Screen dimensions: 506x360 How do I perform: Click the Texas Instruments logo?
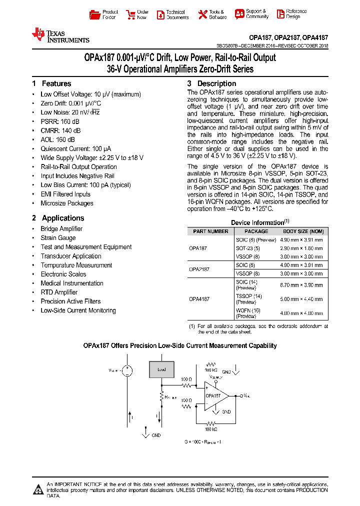[x=60, y=35]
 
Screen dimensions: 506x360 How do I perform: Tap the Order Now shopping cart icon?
[x=130, y=14]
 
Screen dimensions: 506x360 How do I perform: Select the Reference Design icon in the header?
[x=278, y=14]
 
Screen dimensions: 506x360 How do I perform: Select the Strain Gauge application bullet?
[x=58, y=238]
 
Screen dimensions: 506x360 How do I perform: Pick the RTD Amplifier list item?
[x=59, y=292]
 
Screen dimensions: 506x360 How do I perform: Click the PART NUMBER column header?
[x=210, y=231]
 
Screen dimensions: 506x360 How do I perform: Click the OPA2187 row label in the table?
[x=199, y=269]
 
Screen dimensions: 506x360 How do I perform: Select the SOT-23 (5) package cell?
[x=248, y=248]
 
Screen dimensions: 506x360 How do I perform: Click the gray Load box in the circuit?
[x=162, y=369]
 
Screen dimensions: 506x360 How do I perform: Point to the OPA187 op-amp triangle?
[x=214, y=395]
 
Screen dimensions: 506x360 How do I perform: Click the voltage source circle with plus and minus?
[x=127, y=370]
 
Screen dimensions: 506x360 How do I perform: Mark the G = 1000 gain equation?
[x=203, y=442]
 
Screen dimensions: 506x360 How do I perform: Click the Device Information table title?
[x=260, y=222]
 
